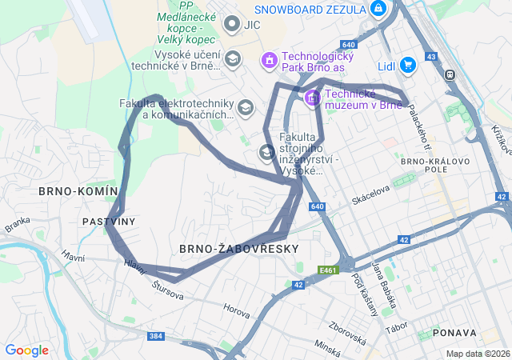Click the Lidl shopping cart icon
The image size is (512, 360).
point(407,65)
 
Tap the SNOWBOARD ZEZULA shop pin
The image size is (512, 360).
point(378,10)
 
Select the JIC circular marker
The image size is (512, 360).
point(232,25)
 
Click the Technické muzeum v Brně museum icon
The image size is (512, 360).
point(311,98)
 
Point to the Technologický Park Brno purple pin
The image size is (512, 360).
point(270,59)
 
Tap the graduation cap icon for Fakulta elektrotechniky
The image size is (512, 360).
point(245,107)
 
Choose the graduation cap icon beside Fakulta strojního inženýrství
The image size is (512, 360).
point(266,152)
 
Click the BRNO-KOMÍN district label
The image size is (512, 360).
point(78,191)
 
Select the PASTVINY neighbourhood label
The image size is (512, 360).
point(108,221)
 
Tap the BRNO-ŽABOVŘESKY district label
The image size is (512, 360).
point(227,249)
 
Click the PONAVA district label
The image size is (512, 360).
point(454,332)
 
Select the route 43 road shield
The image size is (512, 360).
point(431,57)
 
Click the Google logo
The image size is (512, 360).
point(26,350)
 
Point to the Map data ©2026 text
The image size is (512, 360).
point(477,354)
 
